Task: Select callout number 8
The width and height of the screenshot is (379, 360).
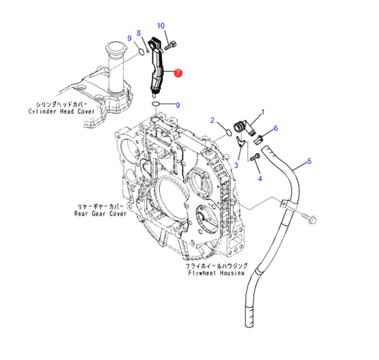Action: pyautogui.click(x=139, y=33)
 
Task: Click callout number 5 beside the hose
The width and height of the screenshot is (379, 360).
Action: pyautogui.click(x=309, y=161)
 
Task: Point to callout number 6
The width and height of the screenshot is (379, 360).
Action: pyautogui.click(x=276, y=128)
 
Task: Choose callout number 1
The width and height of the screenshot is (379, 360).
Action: pyautogui.click(x=263, y=113)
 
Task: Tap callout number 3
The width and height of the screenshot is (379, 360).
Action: pyautogui.click(x=236, y=165)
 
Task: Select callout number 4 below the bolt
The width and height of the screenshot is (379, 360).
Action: pyautogui.click(x=260, y=179)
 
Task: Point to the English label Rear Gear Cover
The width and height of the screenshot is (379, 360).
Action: pyautogui.click(x=101, y=213)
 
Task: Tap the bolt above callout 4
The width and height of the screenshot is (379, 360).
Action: pyautogui.click(x=255, y=156)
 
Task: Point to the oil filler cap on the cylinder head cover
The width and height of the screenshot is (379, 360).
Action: pyautogui.click(x=115, y=50)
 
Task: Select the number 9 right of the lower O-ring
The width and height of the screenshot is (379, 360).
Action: pyautogui.click(x=177, y=105)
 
